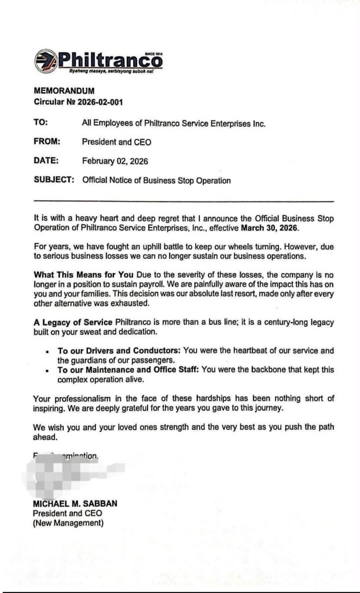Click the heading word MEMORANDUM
[x=64, y=91]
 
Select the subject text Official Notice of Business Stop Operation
[x=156, y=180]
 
